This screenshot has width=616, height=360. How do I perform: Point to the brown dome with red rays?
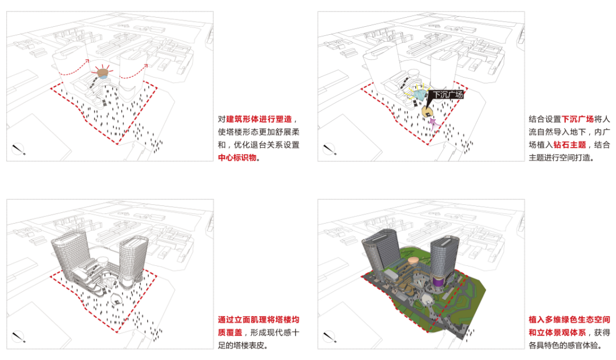click(103, 72)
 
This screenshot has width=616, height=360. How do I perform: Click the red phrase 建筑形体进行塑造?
click(258, 119)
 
